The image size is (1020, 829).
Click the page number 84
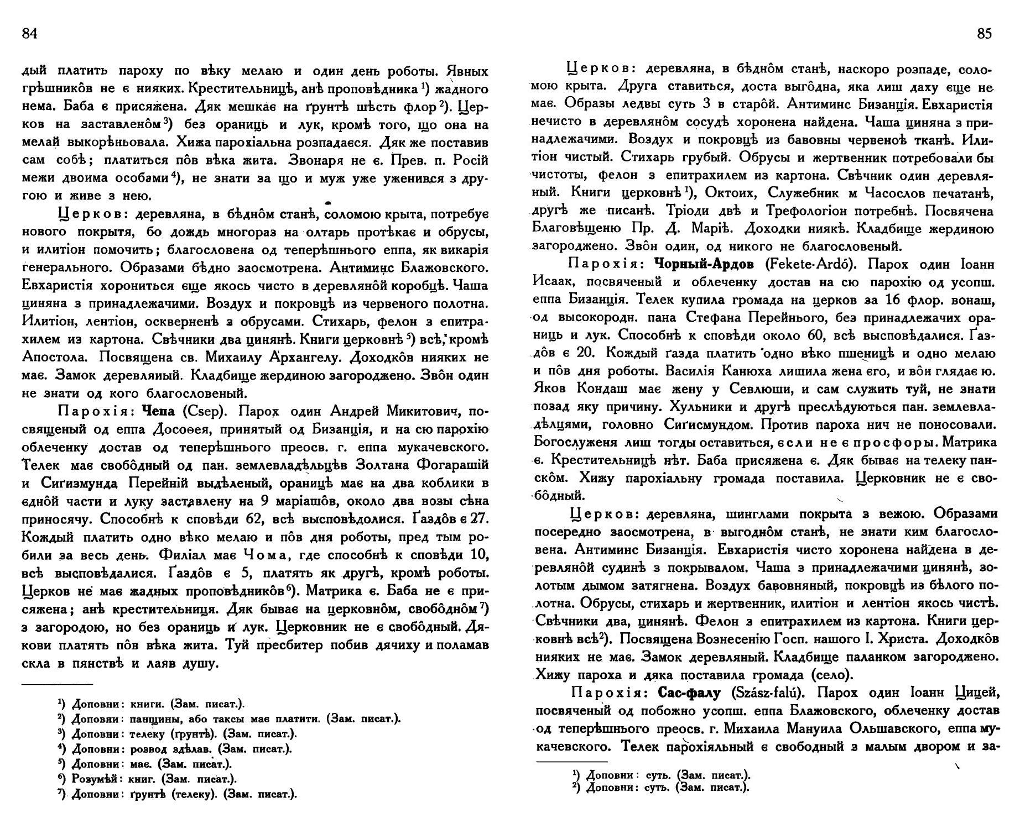pos(29,34)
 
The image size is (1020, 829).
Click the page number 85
pos(985,34)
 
